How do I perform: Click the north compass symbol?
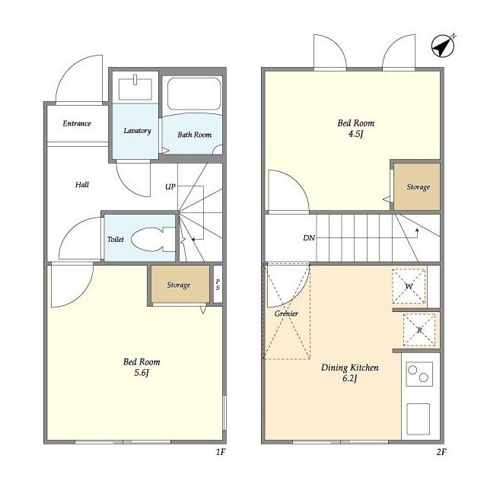pos(443,46)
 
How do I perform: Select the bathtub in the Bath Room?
pos(194,93)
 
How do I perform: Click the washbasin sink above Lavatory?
pos(135,88)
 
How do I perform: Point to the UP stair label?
pos(170,186)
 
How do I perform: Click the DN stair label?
pos(309,238)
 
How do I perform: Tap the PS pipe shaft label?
pos(218,284)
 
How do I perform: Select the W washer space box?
pos(409,286)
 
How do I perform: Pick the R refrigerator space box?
pos(419,329)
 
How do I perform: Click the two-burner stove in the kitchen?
pos(419,374)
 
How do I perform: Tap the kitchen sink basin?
pos(419,419)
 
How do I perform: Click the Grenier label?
pos(286,314)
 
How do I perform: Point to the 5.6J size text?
pos(142,372)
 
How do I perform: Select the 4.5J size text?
pos(356,134)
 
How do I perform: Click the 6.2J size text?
pos(350,378)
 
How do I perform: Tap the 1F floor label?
pos(220,452)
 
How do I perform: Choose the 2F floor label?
pos(441,452)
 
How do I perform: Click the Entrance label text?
pos(77,123)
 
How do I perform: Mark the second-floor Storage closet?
pos(417,186)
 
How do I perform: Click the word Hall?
pos(82,185)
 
